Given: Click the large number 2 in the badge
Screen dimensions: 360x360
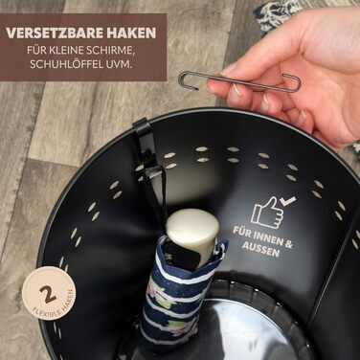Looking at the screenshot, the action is [48, 295].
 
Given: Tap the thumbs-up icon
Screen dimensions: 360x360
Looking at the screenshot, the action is [267, 213].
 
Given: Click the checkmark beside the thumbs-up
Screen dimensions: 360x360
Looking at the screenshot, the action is [287, 200].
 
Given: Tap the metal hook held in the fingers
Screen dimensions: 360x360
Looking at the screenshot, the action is [239, 82].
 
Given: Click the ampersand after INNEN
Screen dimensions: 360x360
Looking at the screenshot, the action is [288, 244].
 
